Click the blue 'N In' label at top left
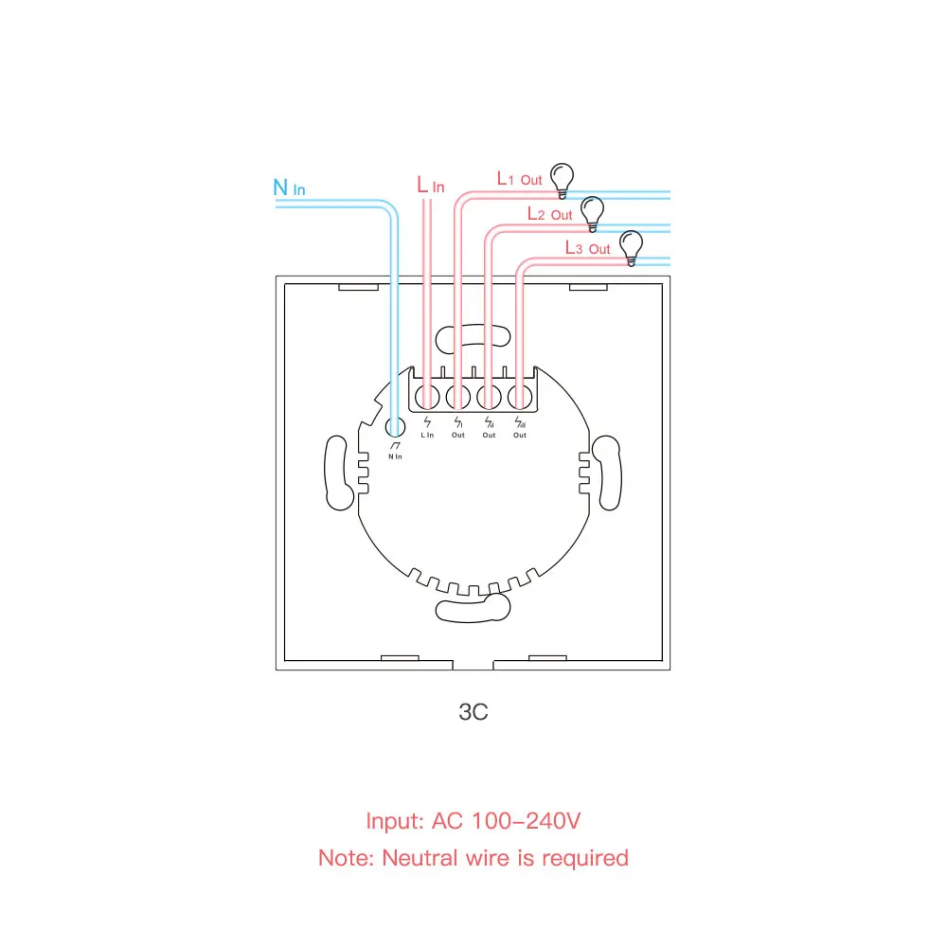click(x=289, y=188)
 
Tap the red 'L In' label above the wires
click(x=430, y=186)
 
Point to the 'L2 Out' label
click(x=550, y=215)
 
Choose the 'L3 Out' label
click(x=587, y=248)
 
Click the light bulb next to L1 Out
click(x=563, y=178)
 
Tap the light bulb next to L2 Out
click(x=593, y=212)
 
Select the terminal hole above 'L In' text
click(x=427, y=397)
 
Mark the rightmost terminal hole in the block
click(x=519, y=397)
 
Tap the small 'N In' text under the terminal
click(x=395, y=456)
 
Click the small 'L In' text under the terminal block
click(x=427, y=435)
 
